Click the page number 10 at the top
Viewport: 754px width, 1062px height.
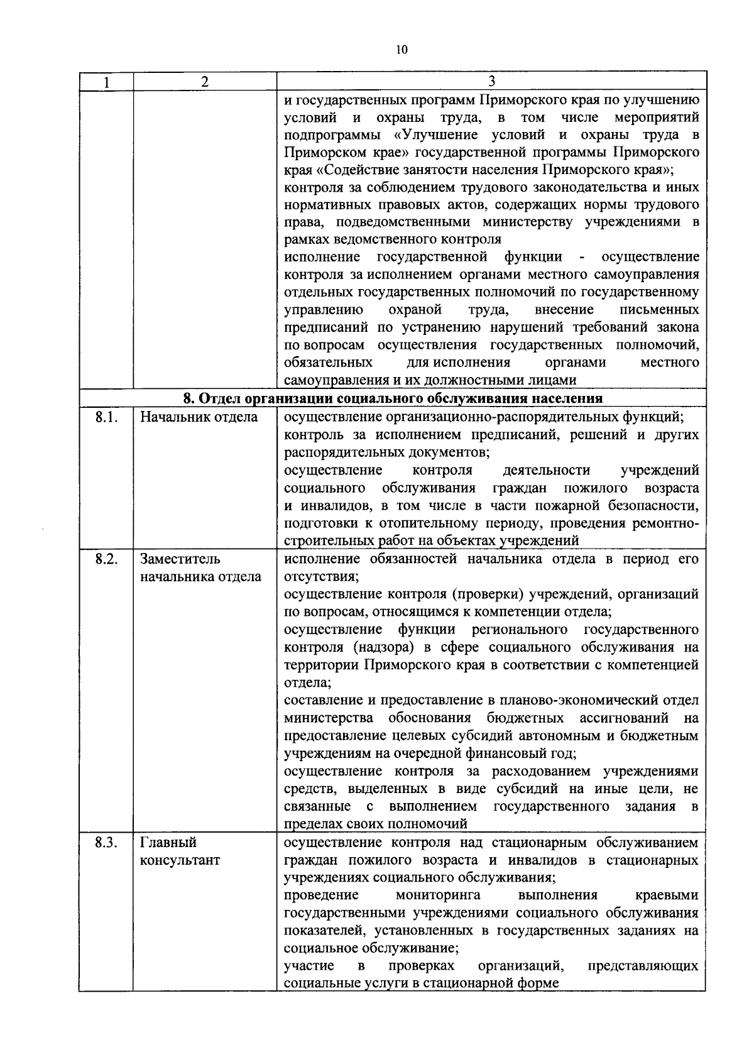[x=402, y=50]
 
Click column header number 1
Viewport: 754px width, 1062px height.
[x=106, y=82]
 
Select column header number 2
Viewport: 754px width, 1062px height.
[x=205, y=82]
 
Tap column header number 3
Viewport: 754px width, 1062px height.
[x=492, y=82]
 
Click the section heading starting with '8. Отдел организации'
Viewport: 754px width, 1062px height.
[x=393, y=398]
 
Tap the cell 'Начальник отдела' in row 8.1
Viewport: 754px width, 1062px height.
[x=199, y=417]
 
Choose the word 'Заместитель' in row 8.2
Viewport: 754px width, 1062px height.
[x=180, y=559]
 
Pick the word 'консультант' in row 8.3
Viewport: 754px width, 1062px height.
[x=180, y=860]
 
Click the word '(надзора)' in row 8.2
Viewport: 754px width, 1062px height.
[x=379, y=647]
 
